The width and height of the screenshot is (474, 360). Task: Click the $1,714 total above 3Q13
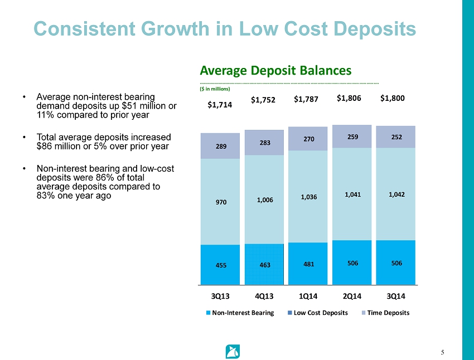click(220, 104)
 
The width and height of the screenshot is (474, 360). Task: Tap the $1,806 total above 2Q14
click(349, 98)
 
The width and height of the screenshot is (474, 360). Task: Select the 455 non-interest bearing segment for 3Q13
click(220, 265)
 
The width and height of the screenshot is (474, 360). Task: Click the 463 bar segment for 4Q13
click(264, 265)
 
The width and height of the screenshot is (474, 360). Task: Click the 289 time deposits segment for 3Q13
click(220, 147)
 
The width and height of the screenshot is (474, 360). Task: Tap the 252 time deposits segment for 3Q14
click(396, 137)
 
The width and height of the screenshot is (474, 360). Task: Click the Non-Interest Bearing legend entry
click(240, 313)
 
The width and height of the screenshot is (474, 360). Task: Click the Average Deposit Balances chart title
click(275, 71)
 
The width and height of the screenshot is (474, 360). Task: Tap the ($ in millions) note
click(215, 88)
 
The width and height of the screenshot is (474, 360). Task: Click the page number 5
click(442, 352)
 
